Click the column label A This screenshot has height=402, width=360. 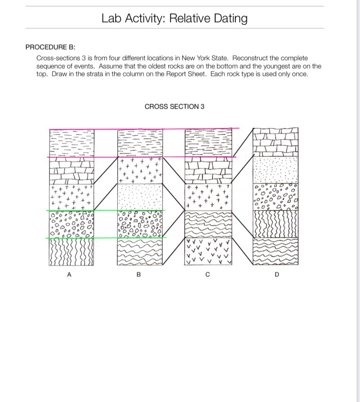pyautogui.click(x=69, y=275)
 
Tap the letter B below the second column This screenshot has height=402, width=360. pyautogui.click(x=138, y=275)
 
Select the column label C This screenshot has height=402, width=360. pyautogui.click(x=207, y=275)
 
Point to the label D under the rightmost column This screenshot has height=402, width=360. pyautogui.click(x=277, y=275)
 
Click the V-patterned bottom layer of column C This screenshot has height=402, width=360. pyautogui.click(x=208, y=251)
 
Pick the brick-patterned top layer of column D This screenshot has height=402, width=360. pyautogui.click(x=276, y=142)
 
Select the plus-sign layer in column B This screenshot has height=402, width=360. pyautogui.click(x=140, y=170)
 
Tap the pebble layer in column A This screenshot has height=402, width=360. pyautogui.click(x=72, y=224)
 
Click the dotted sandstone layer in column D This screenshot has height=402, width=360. pyautogui.click(x=276, y=170)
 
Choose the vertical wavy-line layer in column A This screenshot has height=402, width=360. pyautogui.click(x=72, y=251)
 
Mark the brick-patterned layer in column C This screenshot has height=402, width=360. pyautogui.click(x=208, y=170)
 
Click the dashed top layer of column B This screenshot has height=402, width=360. pyautogui.click(x=140, y=143)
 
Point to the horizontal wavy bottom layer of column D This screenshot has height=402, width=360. pyautogui.click(x=276, y=251)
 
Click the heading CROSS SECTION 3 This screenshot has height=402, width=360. pyautogui.click(x=175, y=106)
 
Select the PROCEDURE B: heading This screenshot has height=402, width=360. pyautogui.click(x=50, y=47)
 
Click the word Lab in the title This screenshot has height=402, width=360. pyautogui.click(x=111, y=18)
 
